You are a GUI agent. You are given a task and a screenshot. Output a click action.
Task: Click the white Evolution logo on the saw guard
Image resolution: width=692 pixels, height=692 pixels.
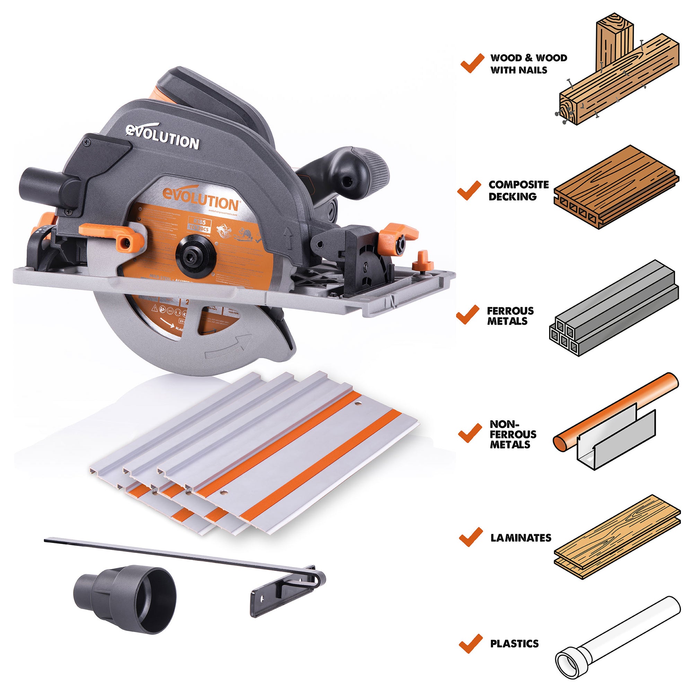[162, 137]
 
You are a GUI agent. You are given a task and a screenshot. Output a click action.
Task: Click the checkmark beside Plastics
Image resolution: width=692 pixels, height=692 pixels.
[470, 643]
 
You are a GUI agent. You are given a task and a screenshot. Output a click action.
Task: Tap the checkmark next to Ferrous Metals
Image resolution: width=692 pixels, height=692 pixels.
[468, 315]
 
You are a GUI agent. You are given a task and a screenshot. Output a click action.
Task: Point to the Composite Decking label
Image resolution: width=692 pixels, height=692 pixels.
[518, 190]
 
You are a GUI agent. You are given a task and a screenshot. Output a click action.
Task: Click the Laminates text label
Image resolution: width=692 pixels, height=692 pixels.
[520, 537]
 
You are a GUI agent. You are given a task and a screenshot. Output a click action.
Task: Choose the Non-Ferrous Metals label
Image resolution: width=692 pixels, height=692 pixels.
[513, 434]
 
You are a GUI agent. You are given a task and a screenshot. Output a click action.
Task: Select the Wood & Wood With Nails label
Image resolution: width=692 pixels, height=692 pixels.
[528, 64]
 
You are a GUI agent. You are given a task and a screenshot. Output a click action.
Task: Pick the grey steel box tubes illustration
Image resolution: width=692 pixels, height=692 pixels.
[613, 308]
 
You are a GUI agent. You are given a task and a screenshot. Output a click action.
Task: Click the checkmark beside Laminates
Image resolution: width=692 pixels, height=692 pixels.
[470, 536]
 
